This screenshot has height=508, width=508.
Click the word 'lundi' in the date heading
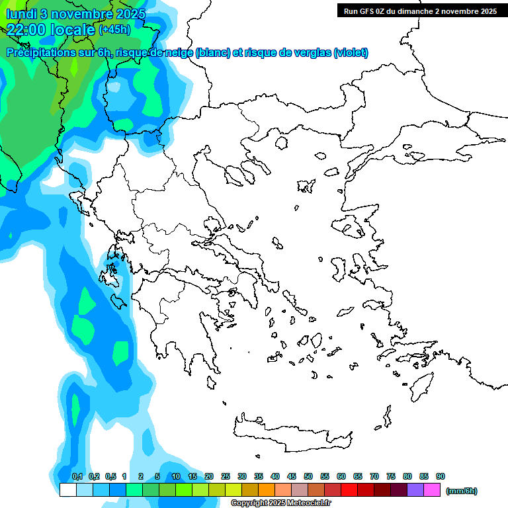(21, 14)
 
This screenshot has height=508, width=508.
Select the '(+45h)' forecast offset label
(114, 29)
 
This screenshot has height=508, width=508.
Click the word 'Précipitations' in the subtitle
(38, 53)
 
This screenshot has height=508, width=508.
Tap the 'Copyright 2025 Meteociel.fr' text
(290, 503)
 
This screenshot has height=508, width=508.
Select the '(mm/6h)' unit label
(462, 491)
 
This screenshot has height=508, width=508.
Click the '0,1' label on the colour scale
(77, 476)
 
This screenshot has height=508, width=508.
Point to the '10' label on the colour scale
(175, 476)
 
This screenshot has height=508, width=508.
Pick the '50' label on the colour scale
(308, 476)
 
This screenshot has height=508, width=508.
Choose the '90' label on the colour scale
(441, 476)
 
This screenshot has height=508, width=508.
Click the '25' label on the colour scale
(226, 476)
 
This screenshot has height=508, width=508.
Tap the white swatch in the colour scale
(67, 490)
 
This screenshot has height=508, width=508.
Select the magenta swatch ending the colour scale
(432, 490)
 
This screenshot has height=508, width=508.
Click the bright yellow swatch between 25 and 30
(233, 490)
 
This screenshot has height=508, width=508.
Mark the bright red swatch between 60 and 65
(349, 490)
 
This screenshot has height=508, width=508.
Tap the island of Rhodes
(421, 387)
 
